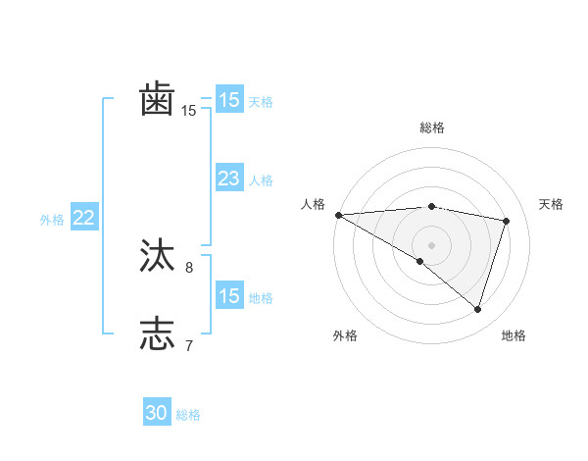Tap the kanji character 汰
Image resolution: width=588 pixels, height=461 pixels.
[x=158, y=257]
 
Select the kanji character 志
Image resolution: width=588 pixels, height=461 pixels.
[x=158, y=333]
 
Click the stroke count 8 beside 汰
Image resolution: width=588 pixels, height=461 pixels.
[x=189, y=267]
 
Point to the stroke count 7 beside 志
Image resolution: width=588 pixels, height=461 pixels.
[x=189, y=344]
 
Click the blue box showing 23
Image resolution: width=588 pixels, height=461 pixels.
[x=229, y=179]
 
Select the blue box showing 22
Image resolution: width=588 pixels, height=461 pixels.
[x=83, y=218]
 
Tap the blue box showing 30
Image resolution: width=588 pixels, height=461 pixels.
[x=157, y=413]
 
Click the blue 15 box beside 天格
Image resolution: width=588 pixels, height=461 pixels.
[x=229, y=99]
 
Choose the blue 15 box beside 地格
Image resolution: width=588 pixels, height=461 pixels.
[x=229, y=296]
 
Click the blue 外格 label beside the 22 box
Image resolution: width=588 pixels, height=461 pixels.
[x=52, y=220]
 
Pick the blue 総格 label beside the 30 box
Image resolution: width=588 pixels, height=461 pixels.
[x=188, y=415]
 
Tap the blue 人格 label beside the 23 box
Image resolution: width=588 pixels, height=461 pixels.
[x=261, y=180]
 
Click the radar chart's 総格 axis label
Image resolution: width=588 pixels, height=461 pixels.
[x=432, y=128]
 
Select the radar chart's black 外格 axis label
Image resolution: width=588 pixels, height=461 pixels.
[x=345, y=335]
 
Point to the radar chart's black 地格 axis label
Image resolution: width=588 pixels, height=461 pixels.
[x=514, y=335]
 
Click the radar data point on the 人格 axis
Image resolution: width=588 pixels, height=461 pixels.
[x=338, y=215]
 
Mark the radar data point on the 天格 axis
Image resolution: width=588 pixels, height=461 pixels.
[x=507, y=221]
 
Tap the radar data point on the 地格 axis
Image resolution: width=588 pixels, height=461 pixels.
[x=478, y=309]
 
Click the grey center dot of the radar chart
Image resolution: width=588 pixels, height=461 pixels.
[x=431, y=244]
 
